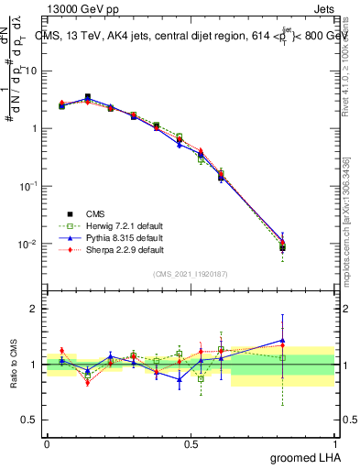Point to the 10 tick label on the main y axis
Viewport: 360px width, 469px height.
32,71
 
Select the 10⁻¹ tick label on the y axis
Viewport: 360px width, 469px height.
29,186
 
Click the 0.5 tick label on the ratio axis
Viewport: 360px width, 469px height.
30,421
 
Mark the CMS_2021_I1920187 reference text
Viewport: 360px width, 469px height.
191,274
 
